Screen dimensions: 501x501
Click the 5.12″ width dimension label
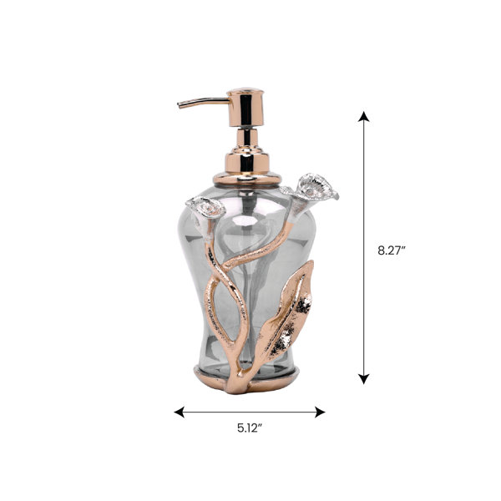(x=250, y=428)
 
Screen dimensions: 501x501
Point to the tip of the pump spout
(x=180, y=105)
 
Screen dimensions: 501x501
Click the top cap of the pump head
(x=245, y=92)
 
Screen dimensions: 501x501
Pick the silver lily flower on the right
(x=312, y=186)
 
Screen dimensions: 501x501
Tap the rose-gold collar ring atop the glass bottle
(x=246, y=178)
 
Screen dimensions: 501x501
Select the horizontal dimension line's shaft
(x=250, y=411)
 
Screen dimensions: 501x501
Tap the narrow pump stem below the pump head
(x=245, y=138)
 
